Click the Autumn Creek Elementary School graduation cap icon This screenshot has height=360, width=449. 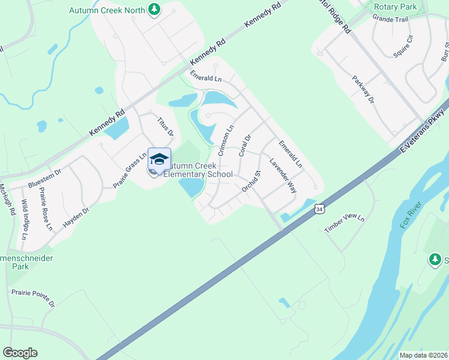click(159, 160)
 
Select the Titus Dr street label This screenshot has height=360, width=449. click(165, 125)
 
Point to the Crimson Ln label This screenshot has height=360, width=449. click(226, 141)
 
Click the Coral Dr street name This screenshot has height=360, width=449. click(244, 145)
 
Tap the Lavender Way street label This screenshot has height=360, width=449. click(283, 175)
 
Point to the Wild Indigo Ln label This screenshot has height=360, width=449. click(24, 219)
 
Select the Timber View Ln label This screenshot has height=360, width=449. click(345, 224)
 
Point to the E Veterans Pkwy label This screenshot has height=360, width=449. click(421, 128)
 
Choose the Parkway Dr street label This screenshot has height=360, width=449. click(363, 89)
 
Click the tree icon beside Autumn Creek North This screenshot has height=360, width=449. click(155, 10)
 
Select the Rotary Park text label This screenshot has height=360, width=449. click(395, 7)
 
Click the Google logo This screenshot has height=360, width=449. click(20, 353)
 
